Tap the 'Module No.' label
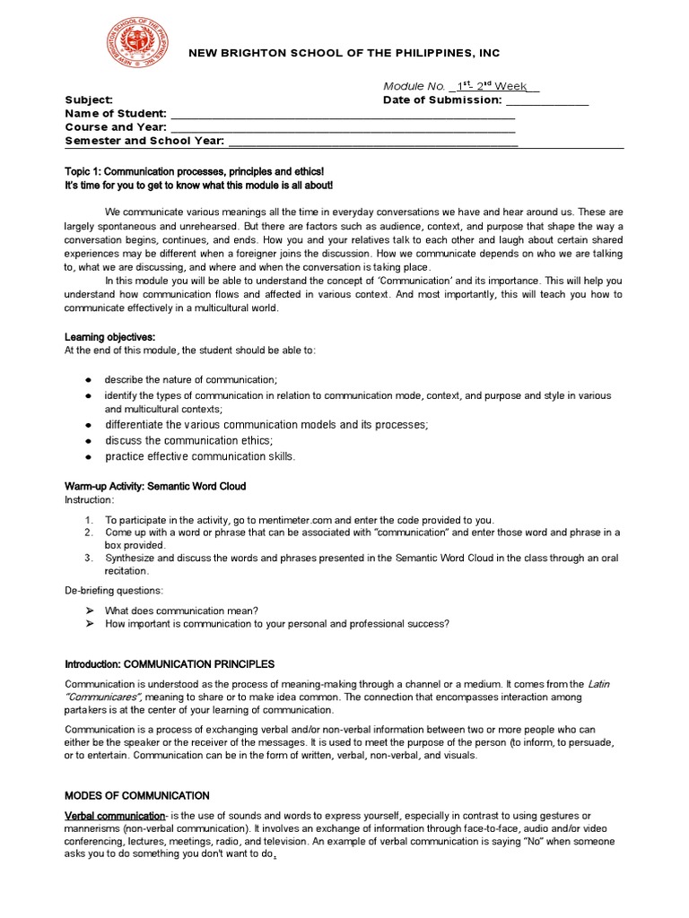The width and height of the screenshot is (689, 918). point(414,86)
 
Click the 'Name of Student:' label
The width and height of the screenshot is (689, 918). point(115,114)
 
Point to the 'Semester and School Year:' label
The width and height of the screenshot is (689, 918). point(144,141)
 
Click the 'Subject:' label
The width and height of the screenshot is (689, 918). point(88,100)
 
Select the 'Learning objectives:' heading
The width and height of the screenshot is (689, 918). point(109,336)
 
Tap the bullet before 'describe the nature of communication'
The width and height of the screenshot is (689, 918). point(88,379)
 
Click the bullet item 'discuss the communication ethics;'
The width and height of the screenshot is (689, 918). point(188,440)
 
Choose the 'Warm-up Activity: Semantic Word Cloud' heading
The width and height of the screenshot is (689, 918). point(155,486)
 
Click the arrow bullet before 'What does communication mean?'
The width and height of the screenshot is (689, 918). point(89,610)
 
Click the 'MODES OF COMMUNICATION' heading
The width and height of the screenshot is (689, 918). point(137,795)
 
